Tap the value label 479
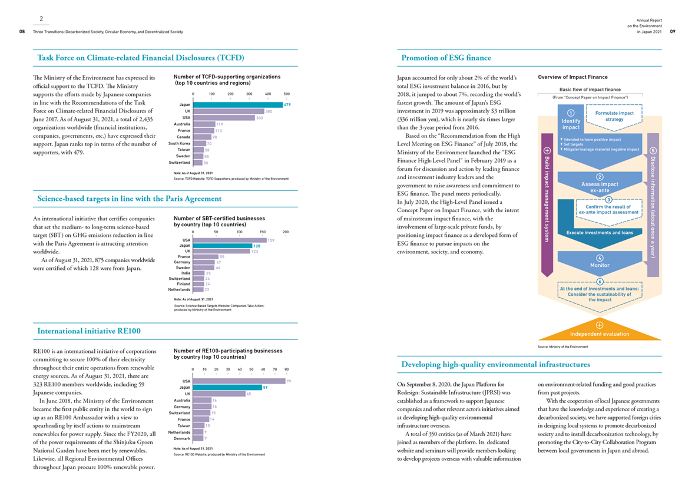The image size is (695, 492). click(x=287, y=105)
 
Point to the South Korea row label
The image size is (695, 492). click(x=179, y=143)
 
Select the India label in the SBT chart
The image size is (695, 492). click(x=186, y=273)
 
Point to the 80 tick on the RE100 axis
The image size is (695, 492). click(x=286, y=369)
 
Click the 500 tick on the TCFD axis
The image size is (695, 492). click(x=286, y=94)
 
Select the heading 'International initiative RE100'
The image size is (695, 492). click(x=89, y=331)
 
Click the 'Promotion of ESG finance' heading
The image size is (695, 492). click(x=446, y=58)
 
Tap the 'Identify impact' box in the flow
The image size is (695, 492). click(x=571, y=120)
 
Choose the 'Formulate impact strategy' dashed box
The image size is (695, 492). click(x=614, y=115)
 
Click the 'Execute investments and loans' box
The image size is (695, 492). click(x=600, y=233)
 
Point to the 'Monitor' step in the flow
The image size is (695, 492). click(x=600, y=262)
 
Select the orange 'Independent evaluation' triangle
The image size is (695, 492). click(x=600, y=331)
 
